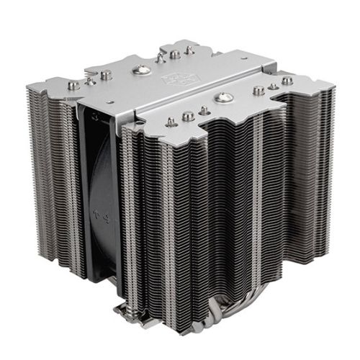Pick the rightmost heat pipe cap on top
[x=288, y=80]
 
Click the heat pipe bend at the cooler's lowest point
[x=209, y=338]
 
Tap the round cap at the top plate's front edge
[x=188, y=116]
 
